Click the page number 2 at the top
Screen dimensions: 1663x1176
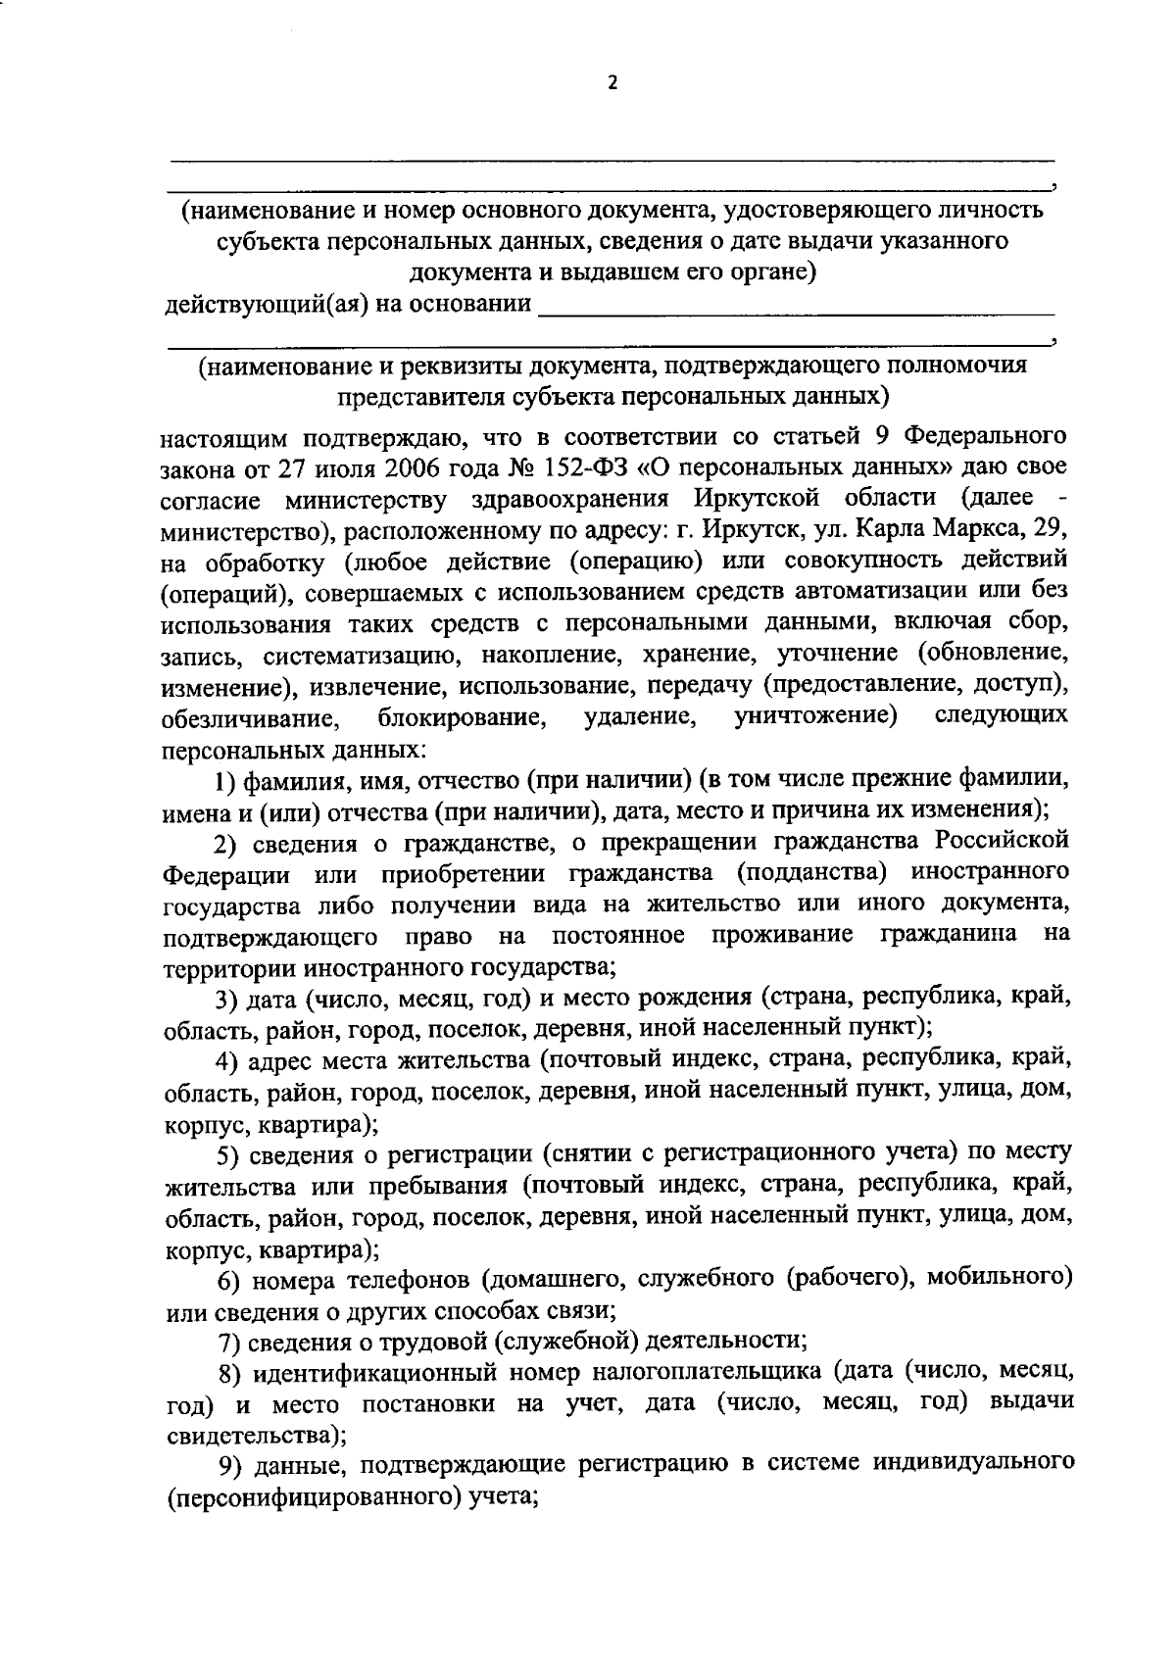click(612, 84)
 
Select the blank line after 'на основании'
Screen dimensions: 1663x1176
click(797, 310)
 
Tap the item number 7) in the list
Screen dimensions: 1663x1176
click(228, 1340)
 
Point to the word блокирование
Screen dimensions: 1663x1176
click(463, 719)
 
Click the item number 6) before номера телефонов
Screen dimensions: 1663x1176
click(228, 1279)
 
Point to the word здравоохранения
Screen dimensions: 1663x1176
click(569, 499)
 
